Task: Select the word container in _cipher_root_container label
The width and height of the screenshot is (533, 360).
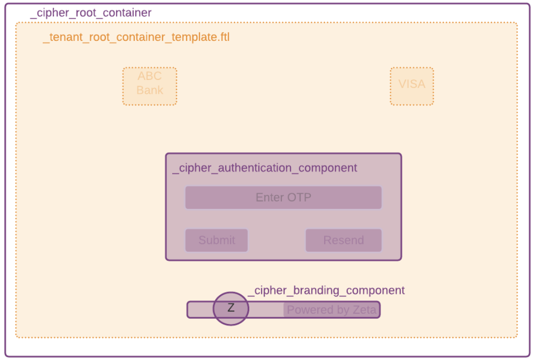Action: [x=127, y=13]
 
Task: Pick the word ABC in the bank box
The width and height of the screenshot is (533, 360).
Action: [x=150, y=77]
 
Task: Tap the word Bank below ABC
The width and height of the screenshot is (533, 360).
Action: [x=150, y=90]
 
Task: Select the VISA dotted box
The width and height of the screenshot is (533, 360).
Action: [x=412, y=86]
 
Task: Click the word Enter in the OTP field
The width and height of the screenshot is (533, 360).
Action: [x=270, y=197]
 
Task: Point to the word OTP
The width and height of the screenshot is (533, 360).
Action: [x=299, y=197]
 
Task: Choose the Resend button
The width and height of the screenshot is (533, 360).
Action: [x=343, y=240]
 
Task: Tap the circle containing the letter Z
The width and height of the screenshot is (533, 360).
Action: [x=231, y=309]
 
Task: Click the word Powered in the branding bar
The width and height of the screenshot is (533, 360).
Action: [x=307, y=310]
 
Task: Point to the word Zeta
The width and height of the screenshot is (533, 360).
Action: [x=364, y=310]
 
